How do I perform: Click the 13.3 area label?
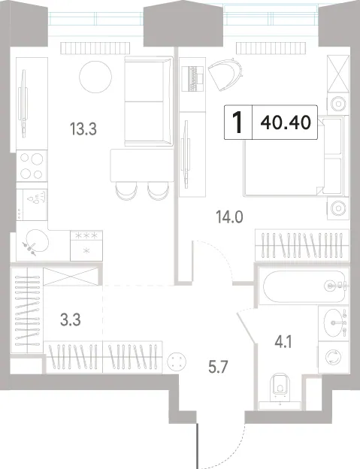click(83, 129)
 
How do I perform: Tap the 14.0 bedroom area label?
click(229, 217)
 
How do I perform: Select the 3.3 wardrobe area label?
click(70, 320)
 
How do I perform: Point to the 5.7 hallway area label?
click(218, 367)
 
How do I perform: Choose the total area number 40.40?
click(286, 123)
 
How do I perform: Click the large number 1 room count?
click(238, 123)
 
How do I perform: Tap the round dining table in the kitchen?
click(95, 77)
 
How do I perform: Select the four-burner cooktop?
click(32, 165)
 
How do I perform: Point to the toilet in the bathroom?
click(280, 388)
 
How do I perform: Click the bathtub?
click(304, 286)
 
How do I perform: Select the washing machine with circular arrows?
click(333, 357)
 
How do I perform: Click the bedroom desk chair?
click(225, 74)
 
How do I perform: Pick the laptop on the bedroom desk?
click(193, 78)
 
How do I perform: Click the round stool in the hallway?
click(177, 361)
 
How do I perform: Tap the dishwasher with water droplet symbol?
click(32, 204)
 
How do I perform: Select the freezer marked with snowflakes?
click(86, 246)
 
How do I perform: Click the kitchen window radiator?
click(95, 48)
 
